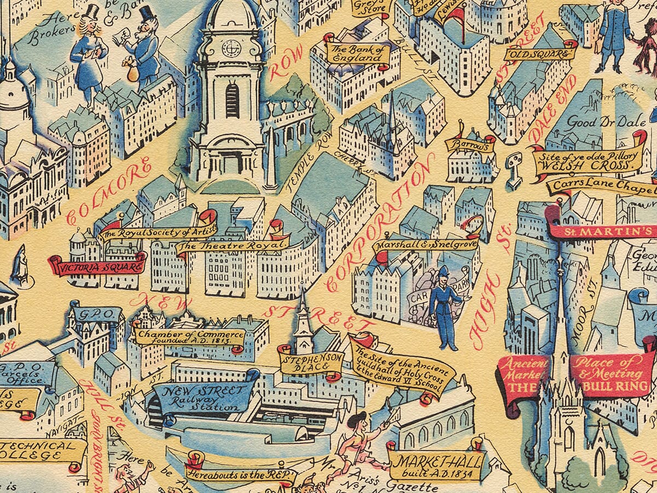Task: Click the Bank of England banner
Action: click(354, 53)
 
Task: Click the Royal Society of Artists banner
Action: click(157, 232)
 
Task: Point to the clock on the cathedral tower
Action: click(230, 48)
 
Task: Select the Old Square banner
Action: click(539, 54)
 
